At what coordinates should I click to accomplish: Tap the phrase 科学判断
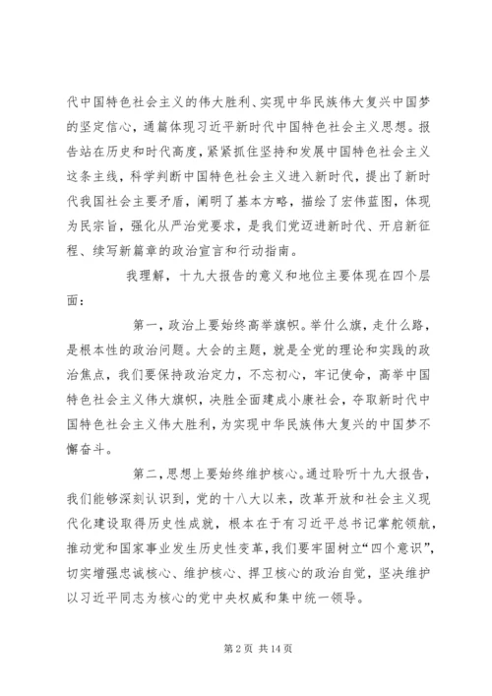click(x=152, y=171)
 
